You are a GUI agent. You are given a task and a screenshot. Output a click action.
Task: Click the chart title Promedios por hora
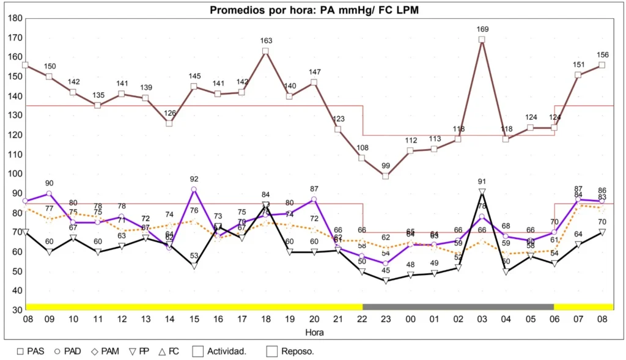tap(314, 10)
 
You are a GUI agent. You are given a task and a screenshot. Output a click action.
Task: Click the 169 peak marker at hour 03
tap(482, 40)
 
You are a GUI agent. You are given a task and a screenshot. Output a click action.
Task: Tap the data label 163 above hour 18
tap(265, 40)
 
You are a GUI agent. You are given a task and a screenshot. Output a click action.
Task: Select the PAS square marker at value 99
tap(386, 176)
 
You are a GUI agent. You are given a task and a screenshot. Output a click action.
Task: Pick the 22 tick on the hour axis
tap(362, 320)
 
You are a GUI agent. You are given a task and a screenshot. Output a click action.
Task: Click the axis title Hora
tap(314, 332)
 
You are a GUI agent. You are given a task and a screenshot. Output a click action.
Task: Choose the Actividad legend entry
tap(220, 351)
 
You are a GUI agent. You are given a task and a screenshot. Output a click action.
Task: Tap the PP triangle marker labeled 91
tap(482, 192)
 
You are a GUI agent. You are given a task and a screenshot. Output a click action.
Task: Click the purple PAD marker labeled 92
tap(194, 189)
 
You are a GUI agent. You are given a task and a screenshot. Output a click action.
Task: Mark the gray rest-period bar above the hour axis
tap(458, 306)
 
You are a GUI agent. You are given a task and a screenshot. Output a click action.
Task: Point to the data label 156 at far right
tap(602, 54)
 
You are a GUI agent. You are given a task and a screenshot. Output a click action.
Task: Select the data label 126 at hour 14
tap(169, 112)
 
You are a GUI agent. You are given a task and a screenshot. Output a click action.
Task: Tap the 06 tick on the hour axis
tap(554, 320)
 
